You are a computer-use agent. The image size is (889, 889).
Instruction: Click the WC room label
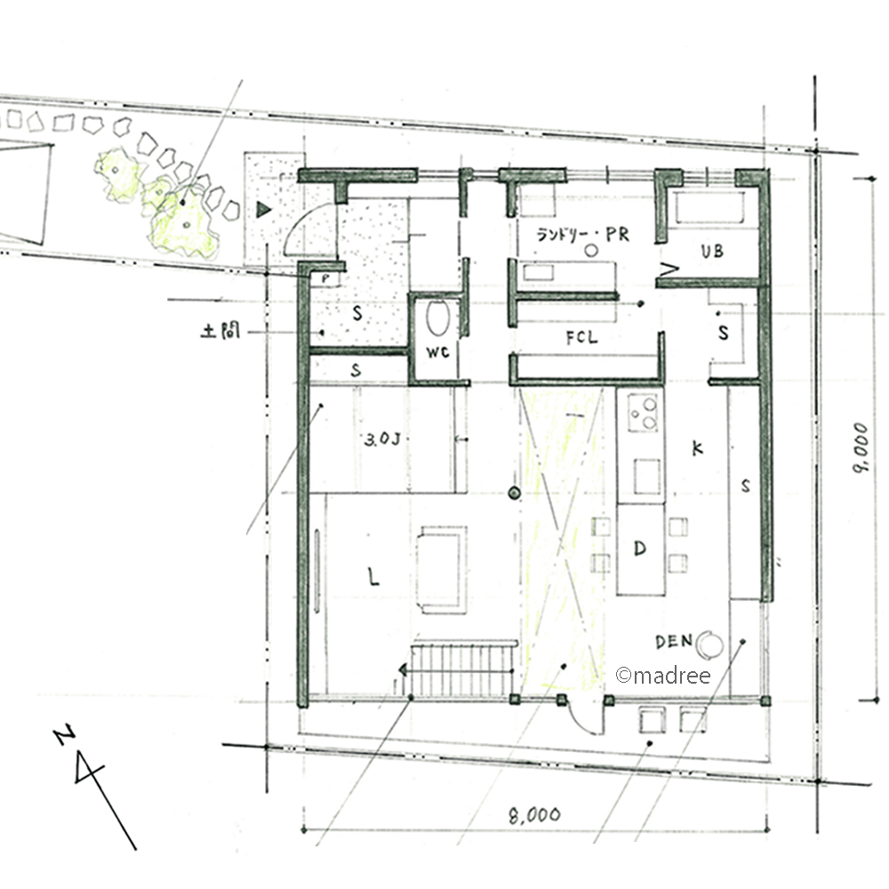(x=437, y=352)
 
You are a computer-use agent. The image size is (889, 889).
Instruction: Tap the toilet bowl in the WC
(x=437, y=318)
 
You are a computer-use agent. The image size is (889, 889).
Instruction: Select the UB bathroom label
(x=712, y=251)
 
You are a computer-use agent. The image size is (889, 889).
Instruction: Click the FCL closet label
(x=581, y=338)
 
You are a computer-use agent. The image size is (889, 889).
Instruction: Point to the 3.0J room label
(x=382, y=439)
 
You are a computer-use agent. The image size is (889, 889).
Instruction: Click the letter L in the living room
(x=373, y=577)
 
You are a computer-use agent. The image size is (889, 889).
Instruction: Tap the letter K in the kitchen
(x=697, y=448)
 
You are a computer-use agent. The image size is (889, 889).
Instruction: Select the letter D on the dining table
(x=639, y=549)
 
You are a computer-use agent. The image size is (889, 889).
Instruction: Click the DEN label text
(x=674, y=641)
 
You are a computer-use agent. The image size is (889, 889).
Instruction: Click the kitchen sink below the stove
(x=647, y=477)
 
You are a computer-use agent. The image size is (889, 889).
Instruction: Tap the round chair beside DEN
(x=709, y=644)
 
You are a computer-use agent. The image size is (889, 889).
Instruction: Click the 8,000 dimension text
(x=534, y=815)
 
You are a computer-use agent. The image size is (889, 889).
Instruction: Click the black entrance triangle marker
(x=264, y=210)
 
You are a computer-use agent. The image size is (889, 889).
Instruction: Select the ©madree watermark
(x=663, y=676)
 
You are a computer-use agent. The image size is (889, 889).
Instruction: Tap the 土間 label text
(x=220, y=331)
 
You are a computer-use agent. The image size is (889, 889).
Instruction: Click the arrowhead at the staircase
(x=403, y=670)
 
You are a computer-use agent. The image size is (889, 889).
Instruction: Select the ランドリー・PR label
(x=583, y=234)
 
